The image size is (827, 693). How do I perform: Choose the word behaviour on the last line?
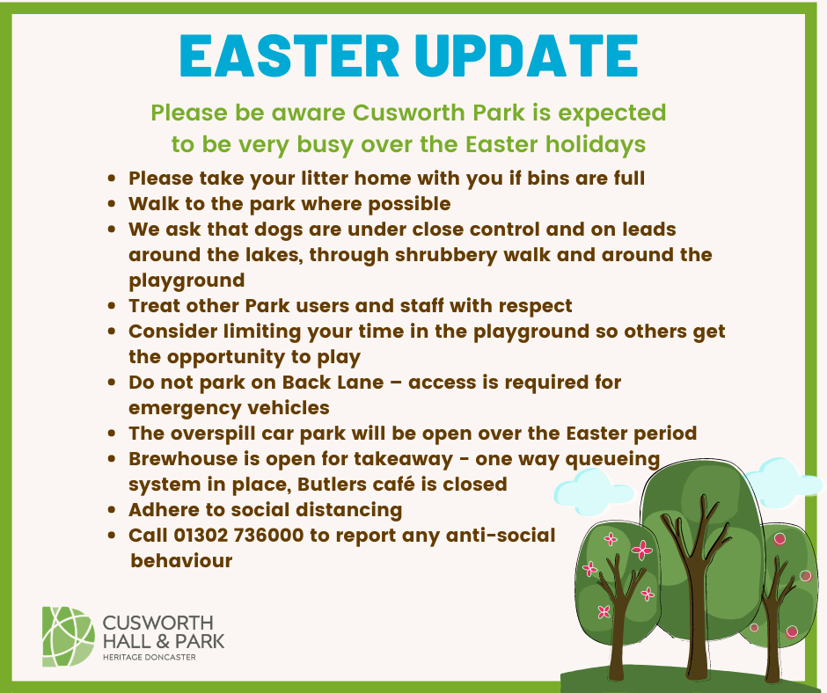coord(181,560)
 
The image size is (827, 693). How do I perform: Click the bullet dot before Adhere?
coord(112,510)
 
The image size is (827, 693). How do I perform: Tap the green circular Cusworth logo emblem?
coord(68,636)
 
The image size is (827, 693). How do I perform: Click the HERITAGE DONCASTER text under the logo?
coord(150,657)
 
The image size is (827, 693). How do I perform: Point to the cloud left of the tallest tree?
coord(595,488)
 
